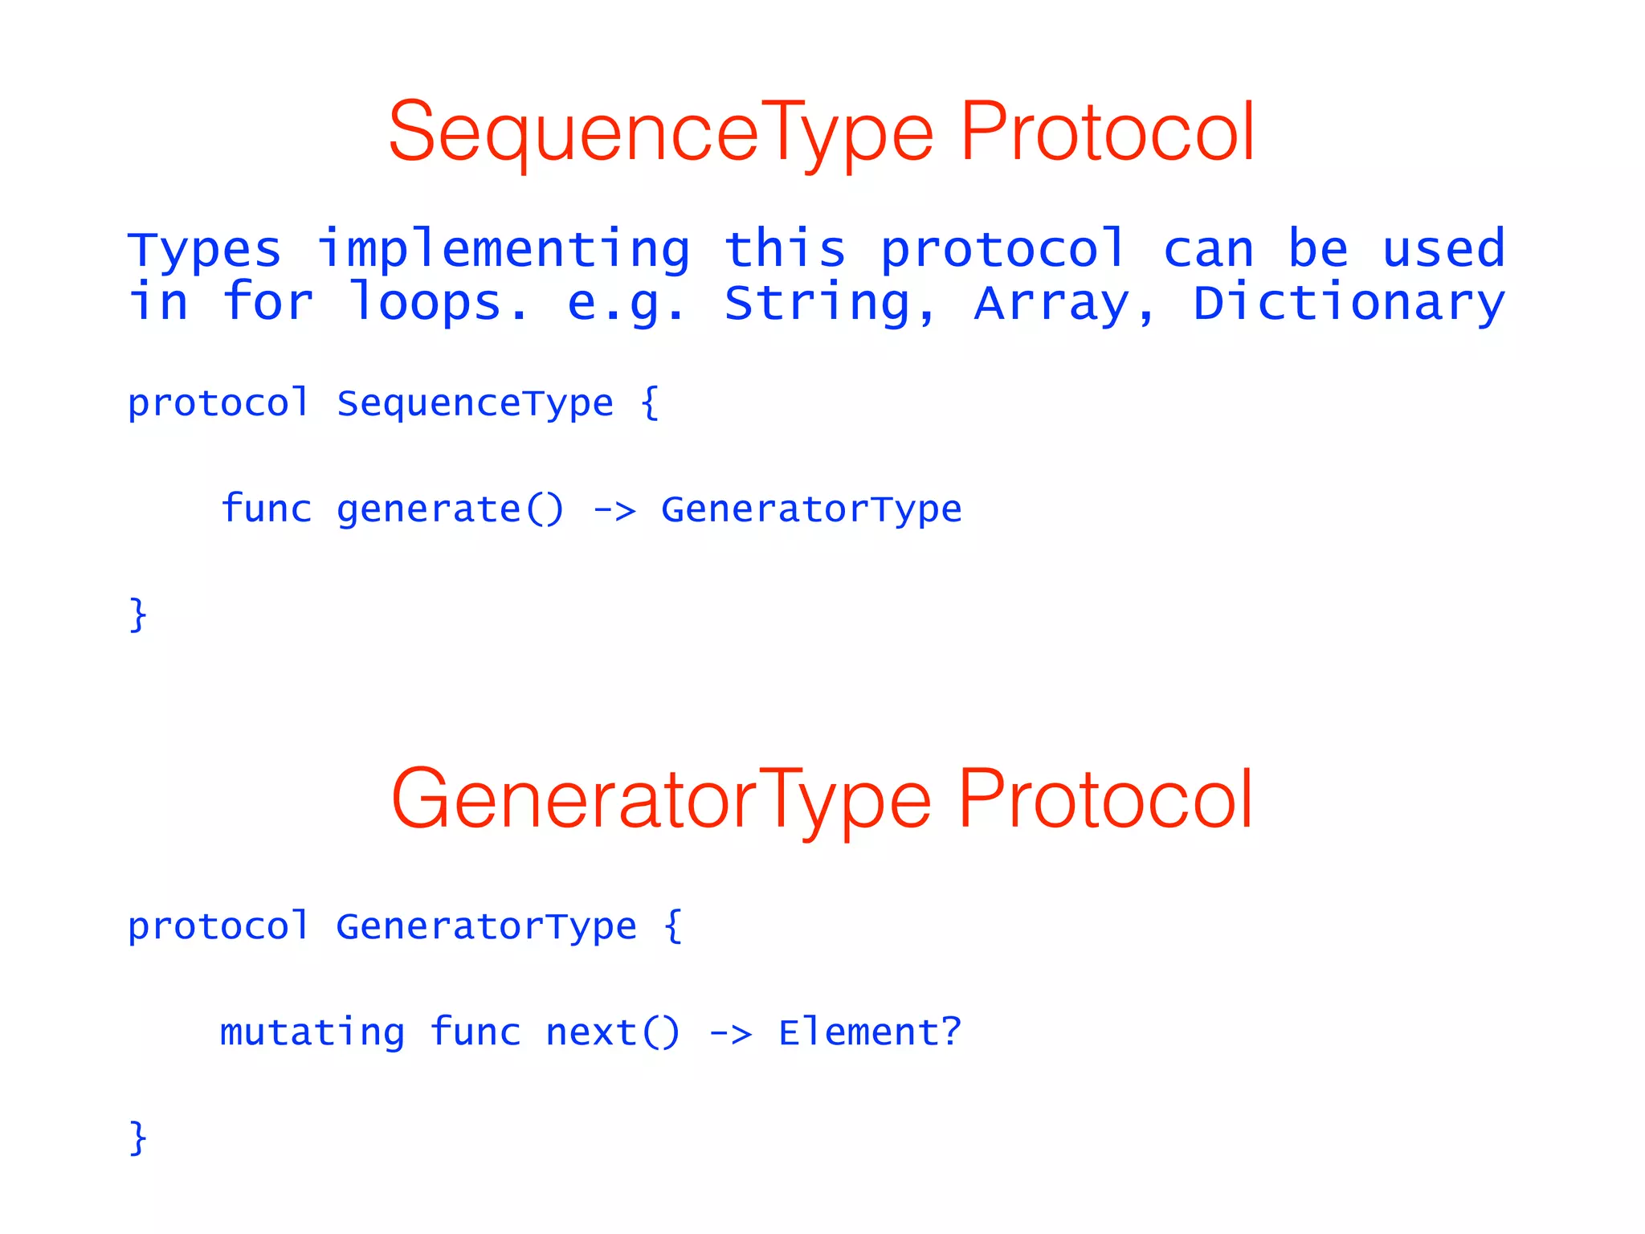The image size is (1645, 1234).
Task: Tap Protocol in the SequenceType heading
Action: pyautogui.click(x=1107, y=132)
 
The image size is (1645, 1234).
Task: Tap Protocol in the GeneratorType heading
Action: pyautogui.click(x=1105, y=799)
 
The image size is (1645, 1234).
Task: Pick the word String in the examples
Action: pyautogui.click(x=830, y=304)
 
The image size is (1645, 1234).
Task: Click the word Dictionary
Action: pyautogui.click(x=1349, y=304)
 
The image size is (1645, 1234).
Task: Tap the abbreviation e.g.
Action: pyautogui.click(x=627, y=304)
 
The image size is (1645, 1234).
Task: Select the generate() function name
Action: pyautogui.click(x=451, y=509)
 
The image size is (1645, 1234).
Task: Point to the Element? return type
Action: pyautogui.click(x=870, y=1032)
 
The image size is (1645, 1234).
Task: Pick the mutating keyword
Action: pyautogui.click(x=312, y=1032)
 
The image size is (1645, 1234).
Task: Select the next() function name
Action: pyautogui.click(x=613, y=1032)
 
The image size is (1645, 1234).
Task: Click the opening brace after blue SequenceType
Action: pyautogui.click(x=650, y=403)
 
